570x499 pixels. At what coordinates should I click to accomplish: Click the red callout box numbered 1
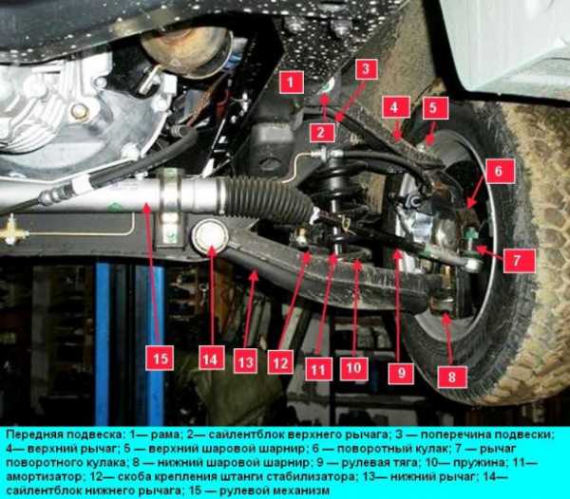coord(292,83)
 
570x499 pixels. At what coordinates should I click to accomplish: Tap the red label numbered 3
coord(366,69)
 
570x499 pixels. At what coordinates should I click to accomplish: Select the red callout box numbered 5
coord(432,108)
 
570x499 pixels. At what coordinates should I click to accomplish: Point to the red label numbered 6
coord(499,171)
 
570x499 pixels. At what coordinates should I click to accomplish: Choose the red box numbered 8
coord(452,377)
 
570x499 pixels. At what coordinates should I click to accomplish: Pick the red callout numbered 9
coord(401,373)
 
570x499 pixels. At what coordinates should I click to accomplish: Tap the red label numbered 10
coord(353,369)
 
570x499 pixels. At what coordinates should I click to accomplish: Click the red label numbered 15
coord(160,358)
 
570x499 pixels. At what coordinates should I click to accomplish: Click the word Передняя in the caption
coord(31,434)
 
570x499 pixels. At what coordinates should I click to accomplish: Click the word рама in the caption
coord(164,434)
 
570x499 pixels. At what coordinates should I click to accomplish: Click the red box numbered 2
coord(321,133)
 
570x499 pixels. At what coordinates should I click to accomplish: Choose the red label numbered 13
coord(245,361)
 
